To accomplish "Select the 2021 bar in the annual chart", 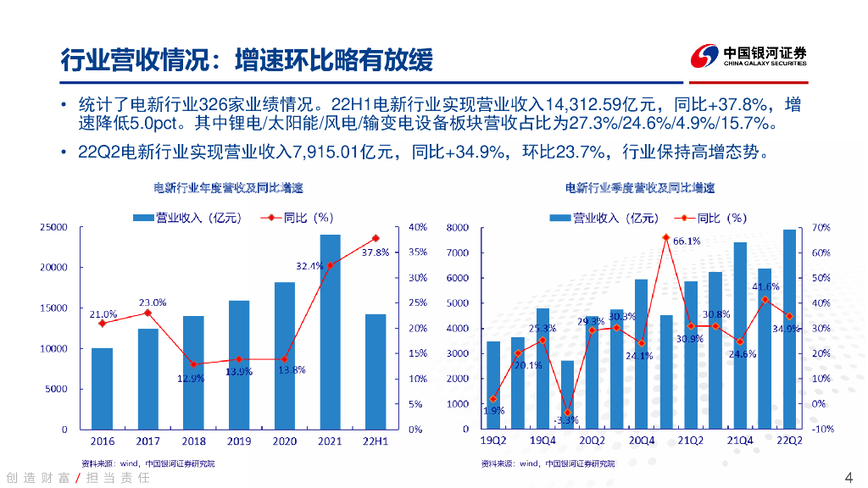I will click(330, 330).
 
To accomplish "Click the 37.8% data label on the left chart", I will click(375, 252).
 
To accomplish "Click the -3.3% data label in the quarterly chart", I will click(566, 420).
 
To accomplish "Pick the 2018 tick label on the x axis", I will click(193, 441).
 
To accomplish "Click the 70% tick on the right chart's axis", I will click(820, 228).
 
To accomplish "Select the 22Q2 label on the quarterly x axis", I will click(788, 441).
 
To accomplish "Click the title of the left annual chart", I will click(227, 186).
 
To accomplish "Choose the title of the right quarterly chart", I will click(639, 186).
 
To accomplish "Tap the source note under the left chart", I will click(147, 463).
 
